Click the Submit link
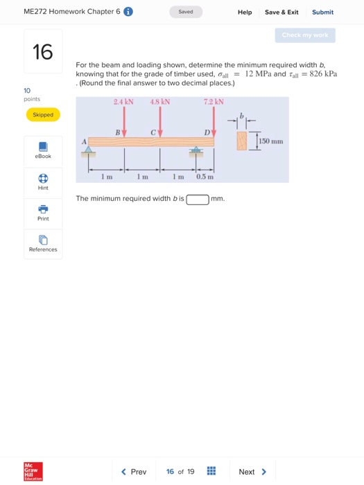[x=322, y=12]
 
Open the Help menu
[x=245, y=12]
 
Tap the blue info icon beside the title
[x=128, y=12]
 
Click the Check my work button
[x=305, y=35]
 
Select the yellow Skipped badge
[x=43, y=114]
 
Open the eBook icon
[x=43, y=147]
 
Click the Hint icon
[x=43, y=178]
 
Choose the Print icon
[x=43, y=209]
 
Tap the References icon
[x=43, y=240]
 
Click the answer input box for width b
[x=198, y=200]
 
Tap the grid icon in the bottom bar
[x=211, y=472]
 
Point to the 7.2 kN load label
[x=214, y=102]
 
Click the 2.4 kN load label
[x=123, y=102]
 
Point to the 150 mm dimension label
[x=272, y=141]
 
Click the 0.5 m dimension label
[x=205, y=176]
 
